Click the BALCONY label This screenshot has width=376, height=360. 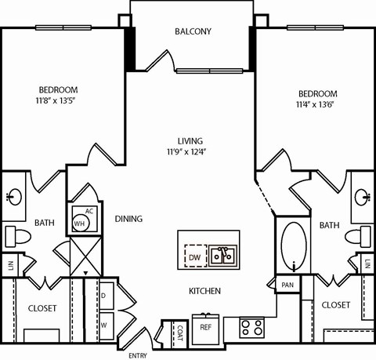pyautogui.click(x=192, y=32)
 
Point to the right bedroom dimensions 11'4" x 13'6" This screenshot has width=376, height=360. pyautogui.click(x=317, y=104)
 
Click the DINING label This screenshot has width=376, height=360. pyautogui.click(x=128, y=219)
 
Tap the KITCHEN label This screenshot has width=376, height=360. pyautogui.click(x=204, y=291)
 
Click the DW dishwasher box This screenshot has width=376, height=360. pyautogui.click(x=193, y=255)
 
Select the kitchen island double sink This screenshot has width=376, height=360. pyautogui.click(x=225, y=255)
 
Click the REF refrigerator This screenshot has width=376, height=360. pyautogui.click(x=206, y=327)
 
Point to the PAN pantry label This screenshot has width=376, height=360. pyautogui.click(x=287, y=285)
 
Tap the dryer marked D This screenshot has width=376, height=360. pyautogui.click(x=104, y=296)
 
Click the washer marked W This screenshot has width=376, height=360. pyautogui.click(x=104, y=324)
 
